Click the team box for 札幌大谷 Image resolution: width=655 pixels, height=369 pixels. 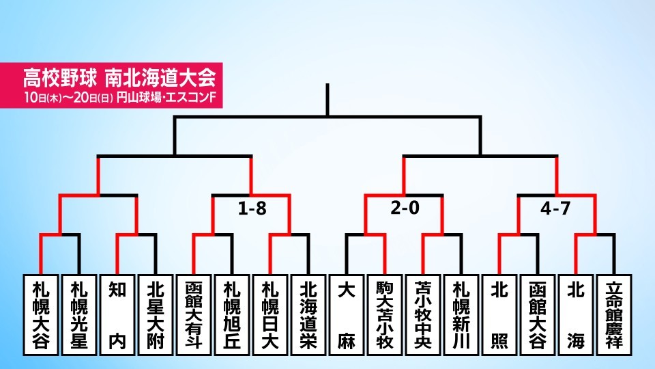(40, 314)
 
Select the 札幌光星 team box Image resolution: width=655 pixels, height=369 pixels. (79, 314)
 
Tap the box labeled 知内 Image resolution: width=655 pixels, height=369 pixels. (117, 314)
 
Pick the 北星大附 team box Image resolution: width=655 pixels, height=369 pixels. (156, 314)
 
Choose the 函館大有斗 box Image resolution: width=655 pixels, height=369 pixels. (193, 314)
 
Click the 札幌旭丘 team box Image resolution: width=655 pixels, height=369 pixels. (232, 314)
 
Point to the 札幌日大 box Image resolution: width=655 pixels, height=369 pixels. (270, 314)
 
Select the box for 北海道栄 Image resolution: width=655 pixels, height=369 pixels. (308, 314)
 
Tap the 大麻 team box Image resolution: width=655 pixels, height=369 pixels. (347, 314)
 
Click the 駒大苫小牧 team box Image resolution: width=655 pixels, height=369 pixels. (385, 314)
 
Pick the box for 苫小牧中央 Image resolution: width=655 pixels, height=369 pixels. (423, 314)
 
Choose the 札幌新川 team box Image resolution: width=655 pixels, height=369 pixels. (461, 314)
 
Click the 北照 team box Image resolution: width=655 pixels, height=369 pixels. (499, 314)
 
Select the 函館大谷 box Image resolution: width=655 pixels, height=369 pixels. (538, 314)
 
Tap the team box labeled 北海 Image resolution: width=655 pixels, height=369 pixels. (576, 314)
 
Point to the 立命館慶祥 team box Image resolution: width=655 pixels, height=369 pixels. (614, 314)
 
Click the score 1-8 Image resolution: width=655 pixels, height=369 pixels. (252, 208)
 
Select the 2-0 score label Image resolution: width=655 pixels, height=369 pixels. (405, 208)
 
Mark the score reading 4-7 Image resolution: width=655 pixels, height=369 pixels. (555, 208)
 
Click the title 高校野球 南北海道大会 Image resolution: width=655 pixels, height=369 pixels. (119, 77)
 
